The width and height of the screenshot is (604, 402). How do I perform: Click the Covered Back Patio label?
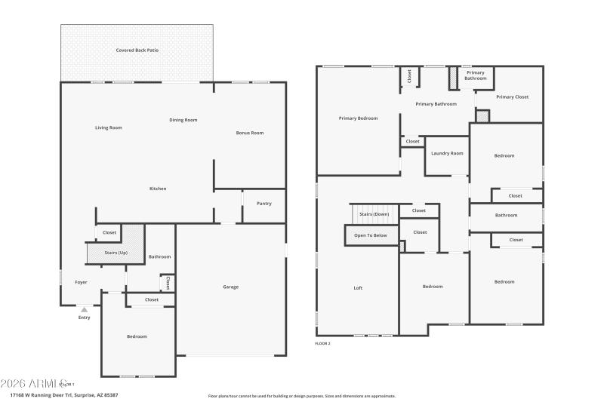(x=137, y=51)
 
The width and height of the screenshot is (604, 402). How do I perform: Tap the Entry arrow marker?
(x=84, y=309)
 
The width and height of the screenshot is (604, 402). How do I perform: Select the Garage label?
(x=230, y=287)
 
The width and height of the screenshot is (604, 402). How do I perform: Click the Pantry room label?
(x=263, y=203)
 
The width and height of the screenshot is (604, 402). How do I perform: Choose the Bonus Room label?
(x=249, y=133)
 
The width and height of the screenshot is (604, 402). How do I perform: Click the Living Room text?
(x=108, y=127)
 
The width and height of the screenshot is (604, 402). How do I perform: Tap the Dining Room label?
(x=183, y=120)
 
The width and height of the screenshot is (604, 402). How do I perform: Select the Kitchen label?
(x=157, y=189)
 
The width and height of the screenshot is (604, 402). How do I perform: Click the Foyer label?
(x=81, y=282)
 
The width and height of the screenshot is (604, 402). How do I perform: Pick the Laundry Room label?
(x=447, y=153)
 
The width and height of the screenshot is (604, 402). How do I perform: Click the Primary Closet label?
(x=512, y=97)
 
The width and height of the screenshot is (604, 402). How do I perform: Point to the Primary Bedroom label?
(x=358, y=118)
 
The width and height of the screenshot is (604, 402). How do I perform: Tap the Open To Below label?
(x=370, y=235)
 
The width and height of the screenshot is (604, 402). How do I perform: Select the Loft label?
(x=358, y=287)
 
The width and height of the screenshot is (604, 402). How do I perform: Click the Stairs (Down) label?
(x=374, y=214)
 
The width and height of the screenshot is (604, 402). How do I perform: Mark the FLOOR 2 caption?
(x=322, y=343)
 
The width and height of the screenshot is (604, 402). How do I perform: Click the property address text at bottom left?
(x=63, y=394)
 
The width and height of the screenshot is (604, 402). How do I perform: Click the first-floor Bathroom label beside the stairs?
(x=159, y=256)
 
